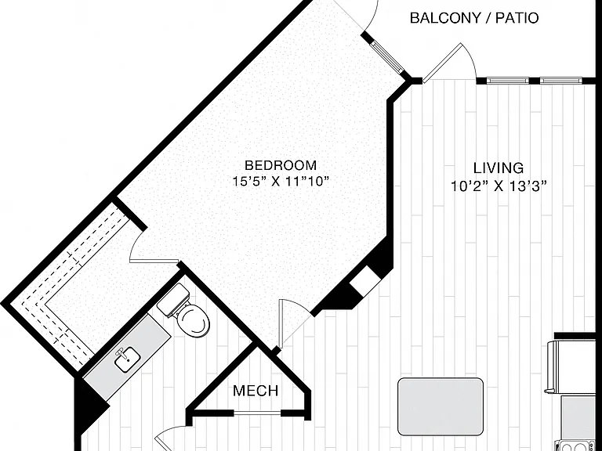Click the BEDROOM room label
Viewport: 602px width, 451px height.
coord(281,165)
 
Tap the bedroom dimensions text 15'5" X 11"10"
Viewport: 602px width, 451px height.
coord(281,181)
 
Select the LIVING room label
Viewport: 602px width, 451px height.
coord(499,168)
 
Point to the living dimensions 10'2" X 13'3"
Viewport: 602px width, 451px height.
coord(499,186)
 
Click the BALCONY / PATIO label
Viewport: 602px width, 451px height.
coord(474,18)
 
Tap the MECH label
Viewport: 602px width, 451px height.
coord(256,391)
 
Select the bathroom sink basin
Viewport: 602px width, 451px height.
coord(128,359)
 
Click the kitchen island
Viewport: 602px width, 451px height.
coord(441,406)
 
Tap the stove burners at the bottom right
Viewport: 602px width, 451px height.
coord(577,446)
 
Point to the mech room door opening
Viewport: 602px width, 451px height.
coord(257,413)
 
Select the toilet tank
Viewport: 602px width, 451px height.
coord(174,300)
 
